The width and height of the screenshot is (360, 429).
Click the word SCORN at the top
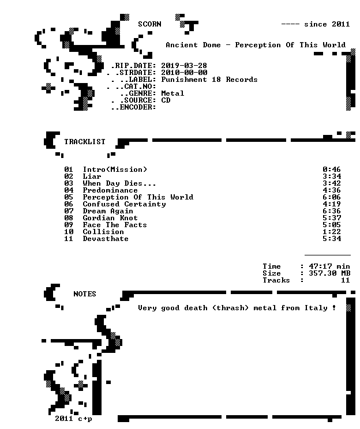(149, 24)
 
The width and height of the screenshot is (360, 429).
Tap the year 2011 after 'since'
(340, 24)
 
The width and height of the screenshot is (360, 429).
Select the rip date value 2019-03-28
(184, 66)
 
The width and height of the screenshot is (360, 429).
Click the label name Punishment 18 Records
(209, 80)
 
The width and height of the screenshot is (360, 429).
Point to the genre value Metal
(172, 93)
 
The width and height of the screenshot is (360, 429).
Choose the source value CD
(166, 100)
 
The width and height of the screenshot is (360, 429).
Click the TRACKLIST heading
(85, 142)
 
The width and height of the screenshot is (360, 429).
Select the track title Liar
(92, 176)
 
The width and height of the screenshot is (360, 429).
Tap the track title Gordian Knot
(110, 218)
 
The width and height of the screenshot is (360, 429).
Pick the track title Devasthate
(106, 239)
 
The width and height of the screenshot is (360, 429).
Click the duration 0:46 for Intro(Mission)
(332, 170)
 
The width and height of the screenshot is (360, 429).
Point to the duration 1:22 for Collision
(332, 232)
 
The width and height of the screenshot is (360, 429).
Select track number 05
(69, 197)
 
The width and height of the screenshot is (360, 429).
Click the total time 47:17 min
(329, 266)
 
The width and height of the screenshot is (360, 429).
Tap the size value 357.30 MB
(329, 273)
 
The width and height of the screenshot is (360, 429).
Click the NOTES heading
(85, 294)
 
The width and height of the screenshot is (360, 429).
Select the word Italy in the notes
(316, 308)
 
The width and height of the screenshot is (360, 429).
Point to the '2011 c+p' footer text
(73, 419)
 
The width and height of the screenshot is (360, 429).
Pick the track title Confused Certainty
(124, 204)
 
